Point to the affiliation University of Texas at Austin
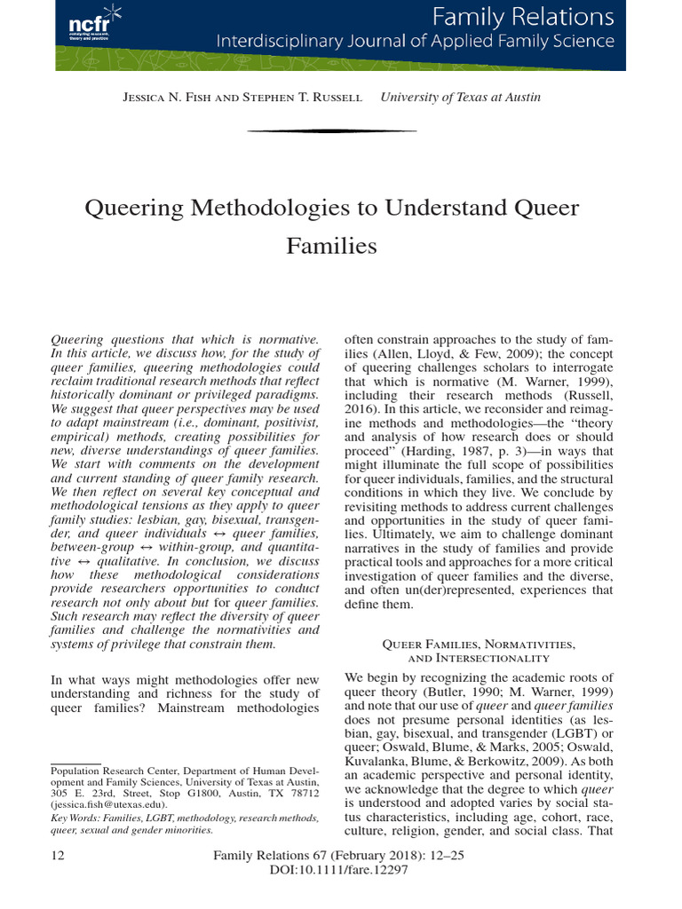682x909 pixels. (459, 98)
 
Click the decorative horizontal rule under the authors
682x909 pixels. (331, 130)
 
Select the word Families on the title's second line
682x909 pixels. (331, 245)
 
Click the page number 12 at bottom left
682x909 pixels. (59, 857)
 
